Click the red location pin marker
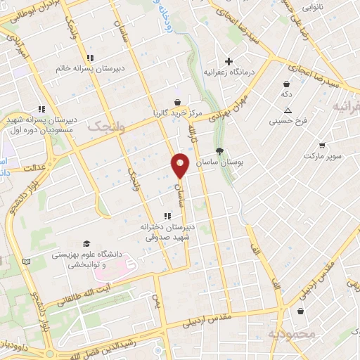tap(181, 165)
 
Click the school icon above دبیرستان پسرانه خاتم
tap(89, 58)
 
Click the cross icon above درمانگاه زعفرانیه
tap(228, 60)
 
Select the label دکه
tap(286, 94)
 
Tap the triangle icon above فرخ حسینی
tap(288, 110)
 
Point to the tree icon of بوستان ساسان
tap(219, 150)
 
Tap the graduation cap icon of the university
tap(85, 242)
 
